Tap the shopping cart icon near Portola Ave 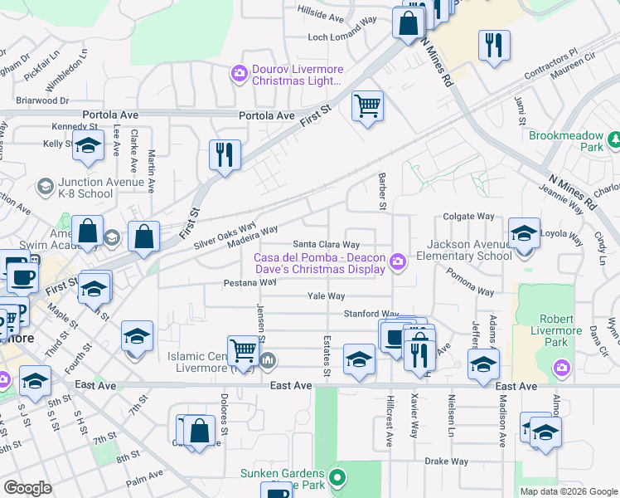[x=366, y=106]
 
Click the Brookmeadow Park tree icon [x=614, y=139]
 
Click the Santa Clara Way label [x=327, y=245]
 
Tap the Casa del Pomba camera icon [x=399, y=263]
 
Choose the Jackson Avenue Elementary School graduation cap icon [x=523, y=233]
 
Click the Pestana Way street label [x=249, y=282]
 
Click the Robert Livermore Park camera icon [x=562, y=367]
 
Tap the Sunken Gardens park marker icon [x=337, y=478]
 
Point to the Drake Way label [x=447, y=461]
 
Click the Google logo [x=27, y=488]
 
